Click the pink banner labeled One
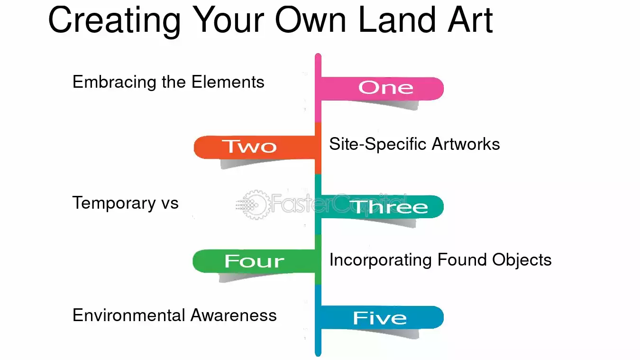382,89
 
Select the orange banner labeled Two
254,147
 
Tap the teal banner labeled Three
382,207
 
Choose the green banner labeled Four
254,261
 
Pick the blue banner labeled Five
382,317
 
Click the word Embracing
114,83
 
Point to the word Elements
228,82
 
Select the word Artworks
466,144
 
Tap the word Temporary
114,203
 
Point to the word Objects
521,260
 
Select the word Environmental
129,315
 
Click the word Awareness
233,315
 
